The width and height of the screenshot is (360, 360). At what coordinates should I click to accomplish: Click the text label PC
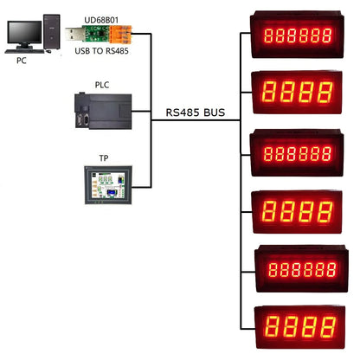[x=22, y=61]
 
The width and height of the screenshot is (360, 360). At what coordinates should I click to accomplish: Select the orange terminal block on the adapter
[x=126, y=35]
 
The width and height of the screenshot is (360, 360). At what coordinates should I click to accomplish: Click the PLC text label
[x=102, y=84]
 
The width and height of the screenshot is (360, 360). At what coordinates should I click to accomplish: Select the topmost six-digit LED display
[x=299, y=35]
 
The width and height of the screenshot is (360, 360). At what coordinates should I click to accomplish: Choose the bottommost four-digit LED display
[x=299, y=328]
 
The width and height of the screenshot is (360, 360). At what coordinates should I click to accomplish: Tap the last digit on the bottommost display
[x=326, y=328]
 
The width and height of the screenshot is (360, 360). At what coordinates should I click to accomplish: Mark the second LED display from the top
[x=299, y=93]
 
